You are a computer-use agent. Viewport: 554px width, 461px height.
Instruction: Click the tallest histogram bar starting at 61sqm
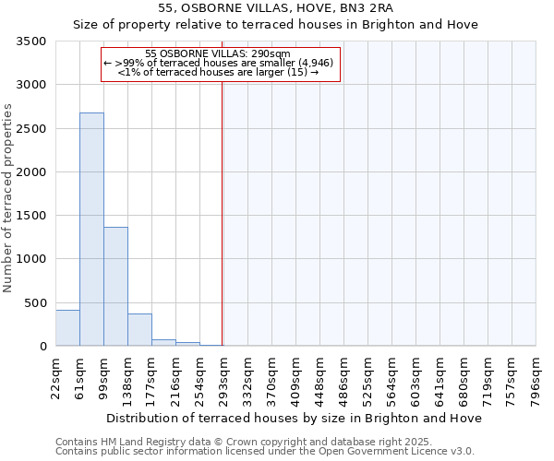coord(91,230)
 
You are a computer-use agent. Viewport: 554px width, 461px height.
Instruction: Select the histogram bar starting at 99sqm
coord(115,286)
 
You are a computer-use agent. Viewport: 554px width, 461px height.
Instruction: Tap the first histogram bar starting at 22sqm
coord(67,328)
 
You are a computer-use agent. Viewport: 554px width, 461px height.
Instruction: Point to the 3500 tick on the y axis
coord(32,42)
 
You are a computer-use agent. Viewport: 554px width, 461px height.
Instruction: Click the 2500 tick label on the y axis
coord(32,129)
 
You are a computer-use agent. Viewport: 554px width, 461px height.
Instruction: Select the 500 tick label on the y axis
coord(37,303)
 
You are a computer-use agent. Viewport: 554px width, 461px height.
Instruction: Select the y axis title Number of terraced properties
coord(9,197)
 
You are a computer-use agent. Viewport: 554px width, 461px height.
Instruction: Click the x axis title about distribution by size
coord(295,418)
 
